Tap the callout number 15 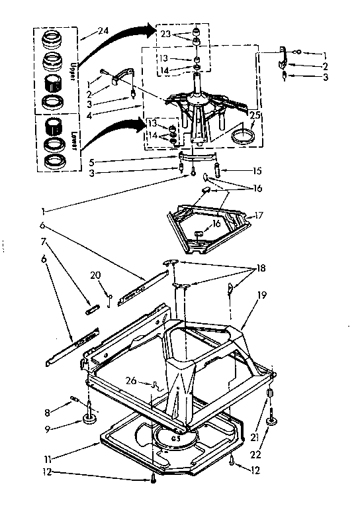(257, 170)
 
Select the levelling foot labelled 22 (271, 421)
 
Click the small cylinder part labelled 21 (270, 396)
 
